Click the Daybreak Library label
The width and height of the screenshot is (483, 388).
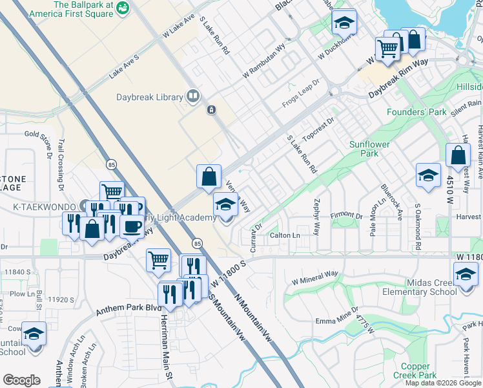pyautogui.click(x=150, y=97)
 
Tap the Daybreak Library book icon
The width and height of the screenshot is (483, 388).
pyautogui.click(x=192, y=97)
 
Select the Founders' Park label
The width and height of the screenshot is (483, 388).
pyautogui.click(x=416, y=112)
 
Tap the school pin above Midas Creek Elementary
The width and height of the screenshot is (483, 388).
pyautogui.click(x=466, y=274)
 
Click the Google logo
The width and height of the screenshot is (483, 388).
pyautogui.click(x=21, y=380)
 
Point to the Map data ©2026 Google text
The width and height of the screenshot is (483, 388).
pyautogui.click(x=442, y=383)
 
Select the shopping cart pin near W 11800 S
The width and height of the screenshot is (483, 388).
pyautogui.click(x=158, y=261)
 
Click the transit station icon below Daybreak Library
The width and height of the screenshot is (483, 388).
pyautogui.click(x=211, y=110)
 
